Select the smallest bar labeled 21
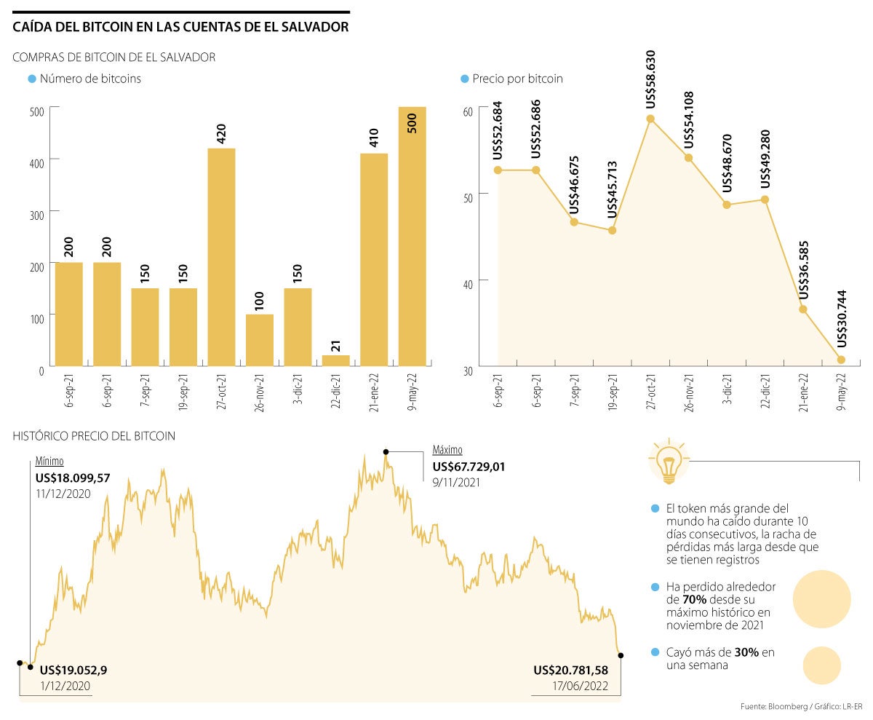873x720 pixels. (x=335, y=360)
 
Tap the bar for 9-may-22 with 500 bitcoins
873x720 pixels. (x=412, y=236)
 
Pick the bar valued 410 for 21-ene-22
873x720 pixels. (x=374, y=259)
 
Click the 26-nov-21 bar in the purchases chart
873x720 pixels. (x=260, y=339)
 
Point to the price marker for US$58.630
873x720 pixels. (x=650, y=119)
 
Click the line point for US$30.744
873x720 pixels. (x=841, y=360)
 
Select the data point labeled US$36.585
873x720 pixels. (x=803, y=309)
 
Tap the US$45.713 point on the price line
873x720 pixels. (x=612, y=231)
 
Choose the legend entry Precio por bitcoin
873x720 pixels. (x=517, y=79)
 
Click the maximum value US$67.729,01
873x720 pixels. (x=479, y=467)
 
